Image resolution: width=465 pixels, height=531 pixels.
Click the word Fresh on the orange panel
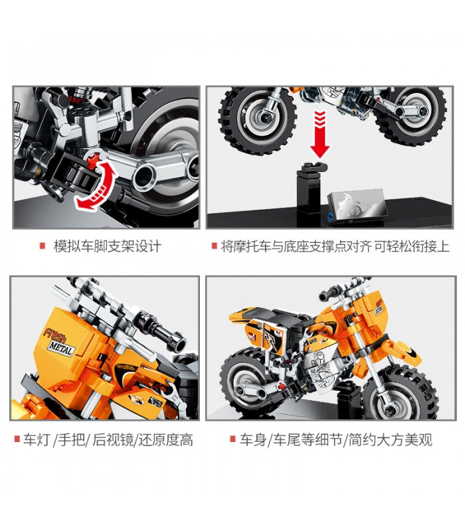pyautogui.click(x=54, y=335)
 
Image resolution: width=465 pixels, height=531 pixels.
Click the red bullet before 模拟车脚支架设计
pyautogui.click(x=43, y=246)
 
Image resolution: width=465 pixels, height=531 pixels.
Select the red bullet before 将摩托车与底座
pyautogui.click(x=214, y=246)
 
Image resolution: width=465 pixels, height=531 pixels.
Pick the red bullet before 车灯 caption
pyautogui.click(x=17, y=439)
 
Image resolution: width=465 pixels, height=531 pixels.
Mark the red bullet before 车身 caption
pyautogui.click(x=232, y=439)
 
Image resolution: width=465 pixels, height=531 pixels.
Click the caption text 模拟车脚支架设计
pyautogui.click(x=107, y=246)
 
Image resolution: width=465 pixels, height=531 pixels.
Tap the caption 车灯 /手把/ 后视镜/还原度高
pyautogui.click(x=108, y=439)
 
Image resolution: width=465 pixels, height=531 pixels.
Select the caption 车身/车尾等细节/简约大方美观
pyautogui.click(x=336, y=439)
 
